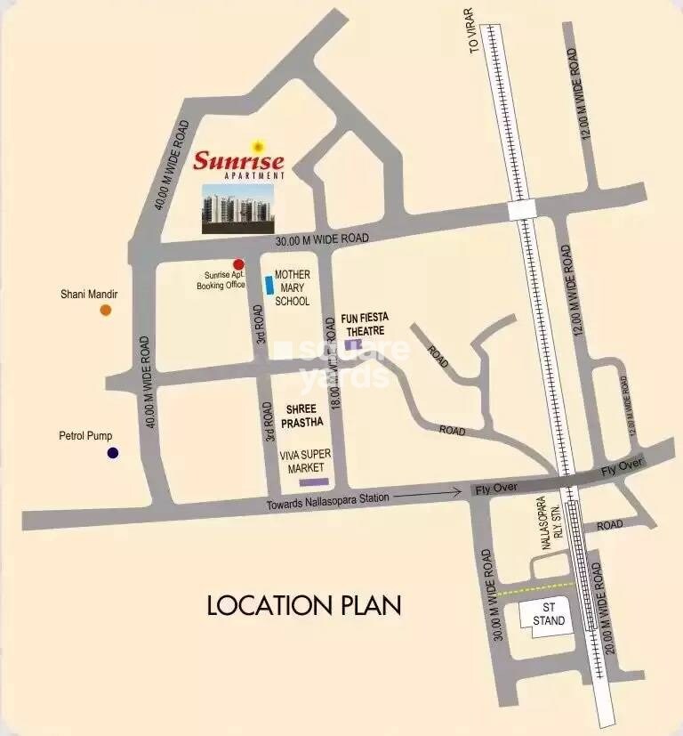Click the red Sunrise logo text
point(238,161)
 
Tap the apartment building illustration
point(237,208)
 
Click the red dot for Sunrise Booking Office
point(238,264)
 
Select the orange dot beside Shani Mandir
point(106,310)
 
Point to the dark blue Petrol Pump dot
point(113,453)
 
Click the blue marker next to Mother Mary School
point(269,285)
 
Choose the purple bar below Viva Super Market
point(313,481)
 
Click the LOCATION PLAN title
point(304,606)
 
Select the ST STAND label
point(549,614)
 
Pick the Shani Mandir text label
point(89,294)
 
